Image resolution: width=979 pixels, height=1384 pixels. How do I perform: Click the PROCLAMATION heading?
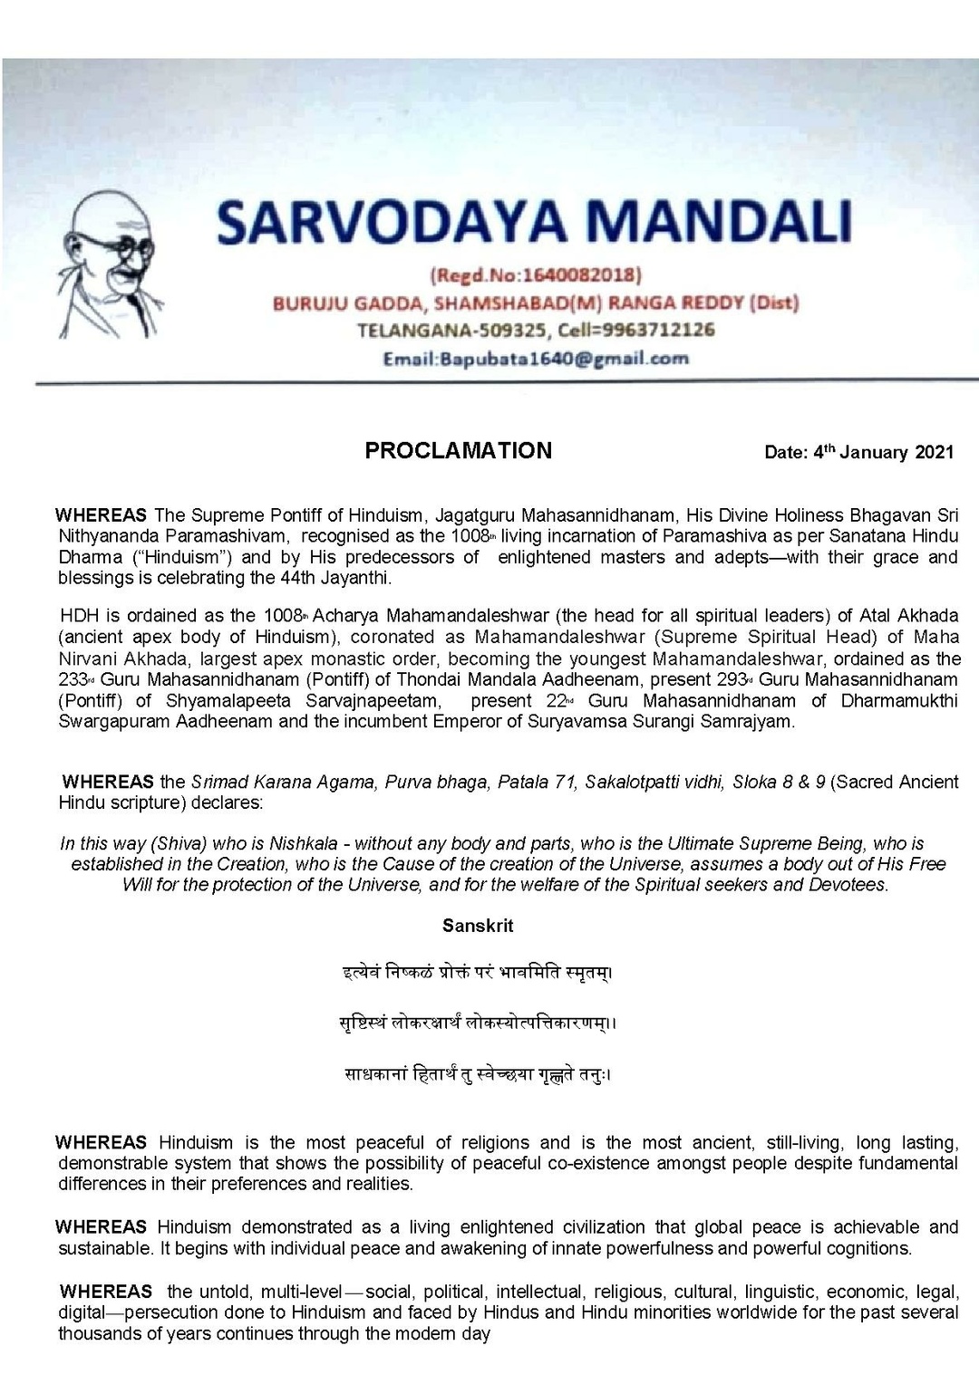click(x=458, y=451)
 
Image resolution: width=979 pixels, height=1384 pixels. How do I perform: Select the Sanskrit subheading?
click(x=478, y=926)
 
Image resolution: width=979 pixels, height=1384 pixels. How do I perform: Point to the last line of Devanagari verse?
click(x=478, y=1075)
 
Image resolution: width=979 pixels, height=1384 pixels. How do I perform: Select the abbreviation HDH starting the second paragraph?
click(x=78, y=617)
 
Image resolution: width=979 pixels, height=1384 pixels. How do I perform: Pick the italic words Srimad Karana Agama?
click(x=283, y=782)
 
